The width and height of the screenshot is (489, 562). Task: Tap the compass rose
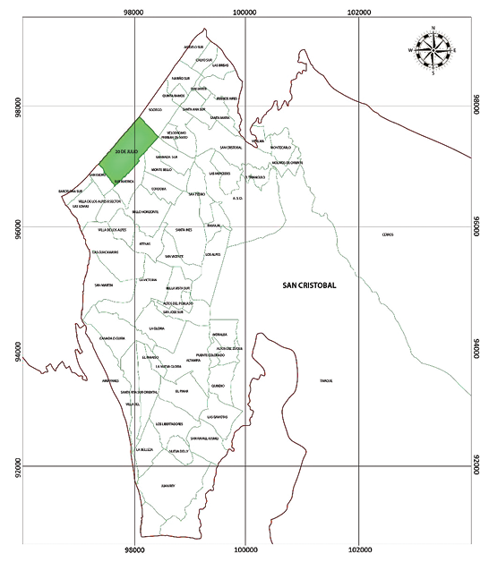[x=433, y=51]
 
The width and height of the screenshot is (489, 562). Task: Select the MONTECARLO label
[x=280, y=148]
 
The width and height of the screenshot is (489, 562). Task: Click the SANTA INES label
[x=184, y=230]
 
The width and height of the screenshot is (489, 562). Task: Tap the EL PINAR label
[x=182, y=391]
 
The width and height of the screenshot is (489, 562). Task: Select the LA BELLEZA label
[x=145, y=449]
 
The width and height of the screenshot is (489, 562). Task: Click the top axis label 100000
[x=244, y=12]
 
